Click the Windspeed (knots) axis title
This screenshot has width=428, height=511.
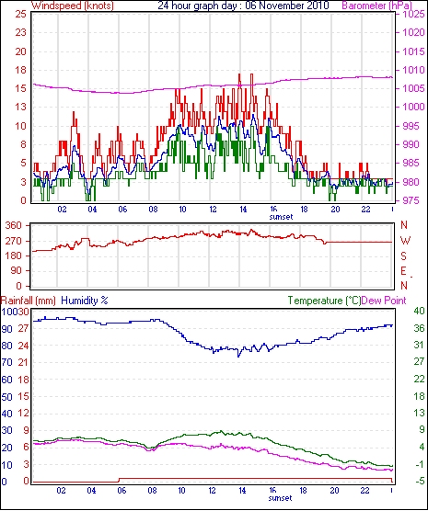[73, 6]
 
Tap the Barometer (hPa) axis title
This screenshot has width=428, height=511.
[376, 6]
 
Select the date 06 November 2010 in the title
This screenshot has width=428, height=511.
[286, 6]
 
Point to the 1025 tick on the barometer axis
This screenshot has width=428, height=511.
[414, 15]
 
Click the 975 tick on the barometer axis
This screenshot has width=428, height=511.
[414, 200]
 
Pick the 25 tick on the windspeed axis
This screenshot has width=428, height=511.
[20, 15]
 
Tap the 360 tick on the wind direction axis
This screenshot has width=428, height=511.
[14, 225]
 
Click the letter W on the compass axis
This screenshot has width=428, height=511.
[405, 241]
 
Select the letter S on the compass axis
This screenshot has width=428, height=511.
[404, 256]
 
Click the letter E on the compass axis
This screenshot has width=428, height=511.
[403, 271]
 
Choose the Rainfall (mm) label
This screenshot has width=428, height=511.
[29, 301]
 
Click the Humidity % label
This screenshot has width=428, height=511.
[85, 301]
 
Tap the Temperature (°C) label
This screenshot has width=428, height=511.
[324, 301]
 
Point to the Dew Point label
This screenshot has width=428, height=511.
[384, 301]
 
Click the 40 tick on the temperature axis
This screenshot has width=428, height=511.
[419, 311]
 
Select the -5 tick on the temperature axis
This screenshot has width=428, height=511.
[419, 481]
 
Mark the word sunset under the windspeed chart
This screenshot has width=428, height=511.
[281, 217]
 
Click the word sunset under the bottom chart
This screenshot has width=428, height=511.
[280, 498]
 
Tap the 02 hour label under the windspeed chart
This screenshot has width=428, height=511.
[62, 209]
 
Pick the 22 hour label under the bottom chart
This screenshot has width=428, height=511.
[364, 490]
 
